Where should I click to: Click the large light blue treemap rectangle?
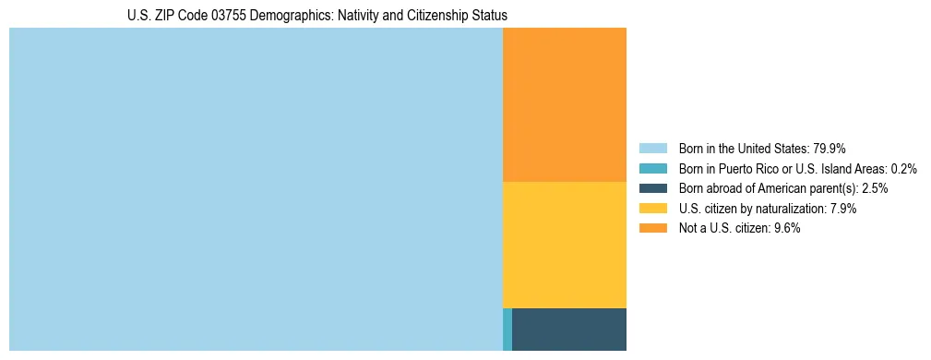(256, 189)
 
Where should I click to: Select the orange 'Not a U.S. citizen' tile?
(565, 104)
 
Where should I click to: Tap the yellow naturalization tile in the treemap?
(565, 245)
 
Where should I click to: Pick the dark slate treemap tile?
(569, 329)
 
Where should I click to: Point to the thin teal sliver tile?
(507, 329)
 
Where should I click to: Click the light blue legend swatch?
(653, 149)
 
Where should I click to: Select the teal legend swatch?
(653, 169)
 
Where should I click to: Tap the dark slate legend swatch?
(653, 188)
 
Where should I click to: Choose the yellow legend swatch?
(653, 209)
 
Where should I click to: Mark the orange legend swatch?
(653, 229)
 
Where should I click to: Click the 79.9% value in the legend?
(830, 149)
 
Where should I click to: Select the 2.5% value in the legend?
(874, 188)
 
